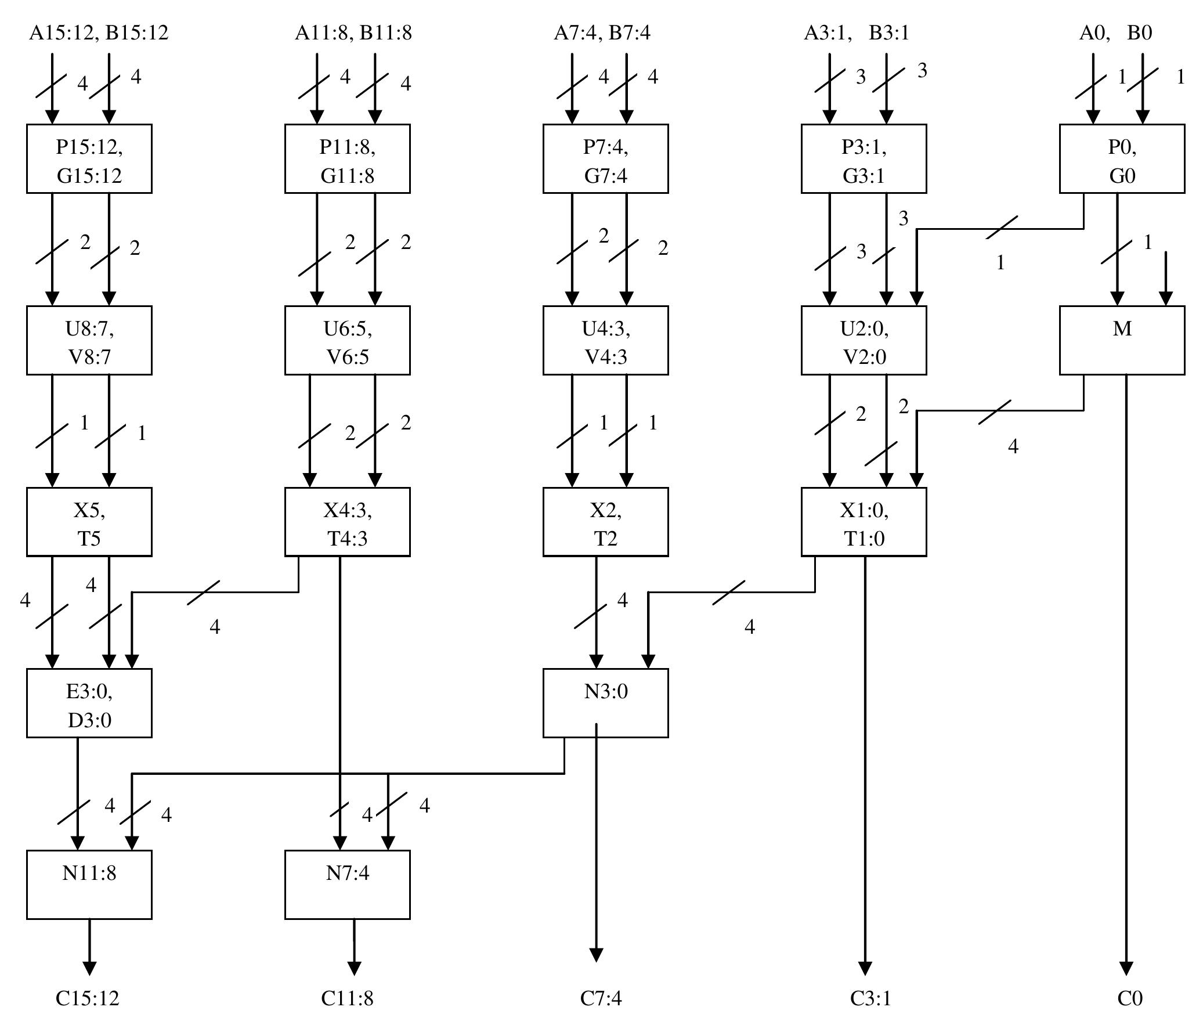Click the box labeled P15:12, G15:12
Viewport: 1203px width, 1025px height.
(89, 158)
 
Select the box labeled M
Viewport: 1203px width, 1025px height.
(1121, 340)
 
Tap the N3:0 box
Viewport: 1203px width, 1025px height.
(605, 703)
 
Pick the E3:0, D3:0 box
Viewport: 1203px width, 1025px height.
(89, 703)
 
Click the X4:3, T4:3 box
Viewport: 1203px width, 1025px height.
(347, 522)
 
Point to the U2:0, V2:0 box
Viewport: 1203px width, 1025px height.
(864, 340)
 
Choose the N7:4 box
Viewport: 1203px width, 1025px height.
(347, 885)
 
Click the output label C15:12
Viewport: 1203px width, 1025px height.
(87, 998)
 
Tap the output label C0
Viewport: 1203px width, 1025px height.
(1129, 998)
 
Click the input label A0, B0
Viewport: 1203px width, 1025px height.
(1115, 33)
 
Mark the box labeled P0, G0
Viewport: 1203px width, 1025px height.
(1121, 158)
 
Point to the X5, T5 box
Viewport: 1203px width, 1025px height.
(89, 522)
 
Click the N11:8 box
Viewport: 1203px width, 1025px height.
(89, 885)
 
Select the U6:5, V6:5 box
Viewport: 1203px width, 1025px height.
(347, 340)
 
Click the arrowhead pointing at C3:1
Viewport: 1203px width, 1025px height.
(865, 968)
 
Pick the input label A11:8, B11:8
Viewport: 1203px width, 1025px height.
(353, 33)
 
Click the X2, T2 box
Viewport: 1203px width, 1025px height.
(605, 522)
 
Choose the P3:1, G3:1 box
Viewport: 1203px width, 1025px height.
(864, 158)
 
